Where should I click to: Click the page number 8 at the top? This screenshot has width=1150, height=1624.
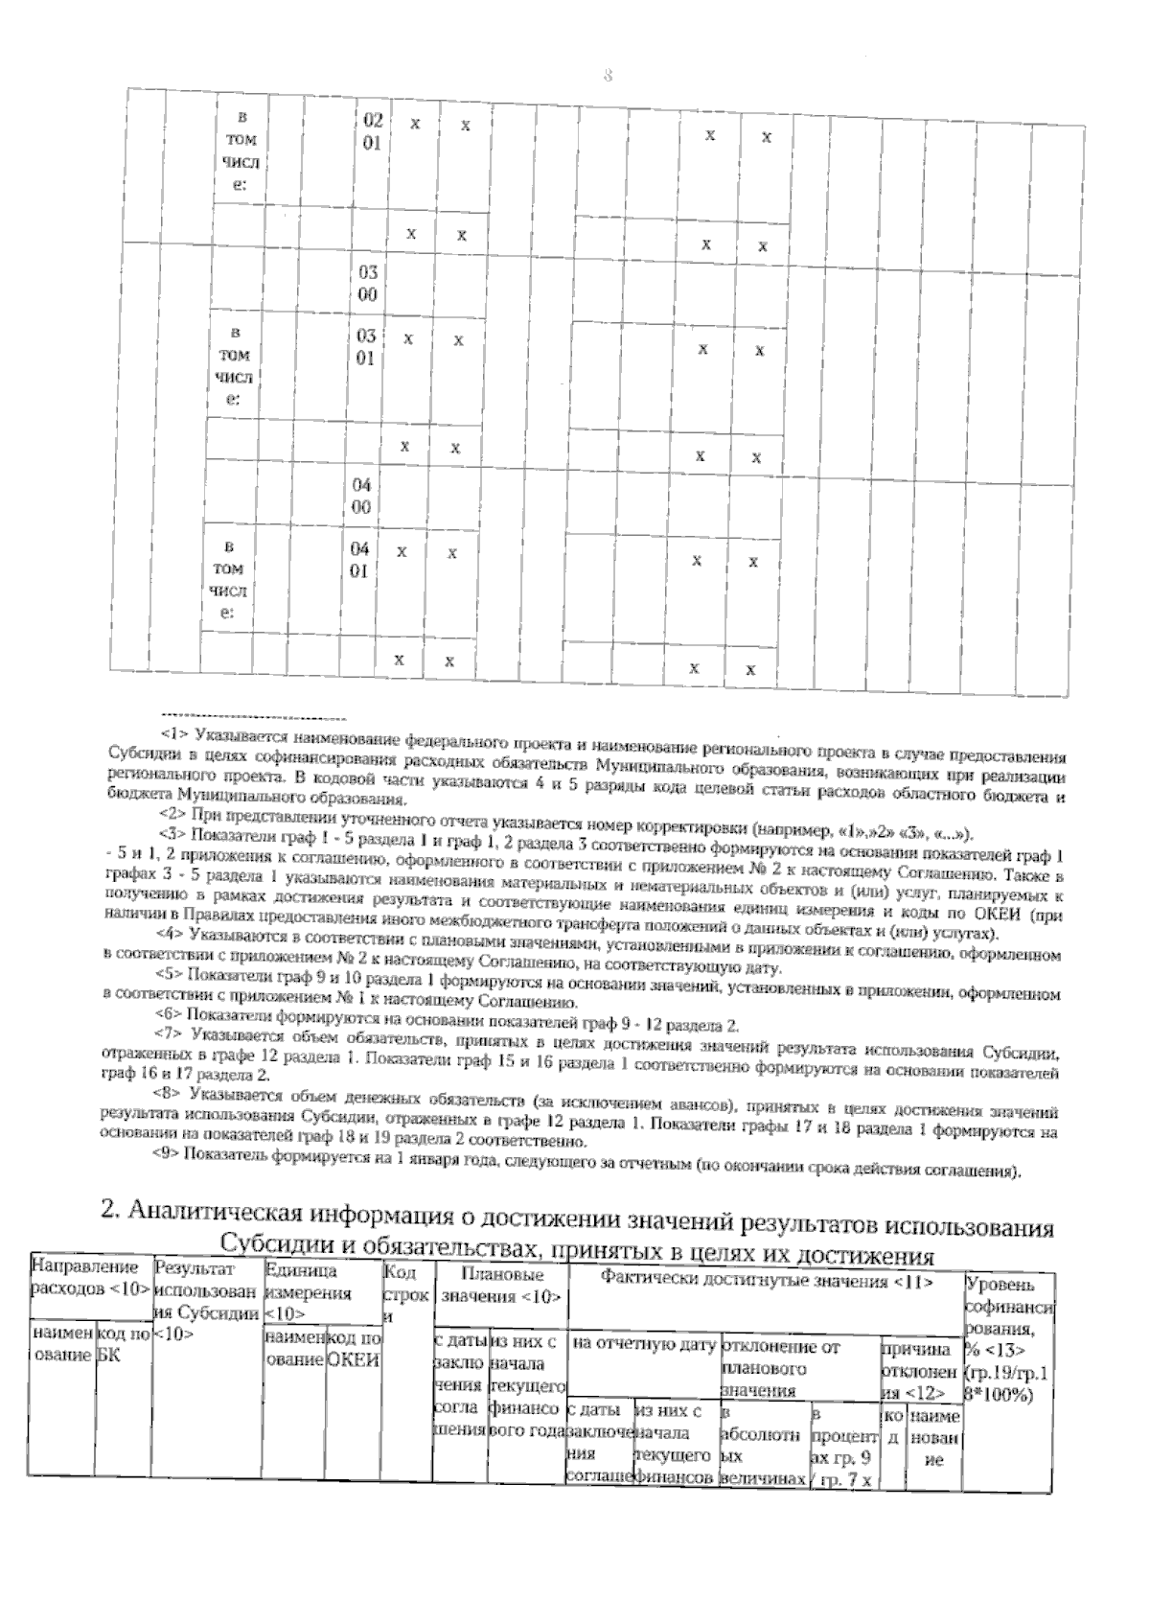point(608,76)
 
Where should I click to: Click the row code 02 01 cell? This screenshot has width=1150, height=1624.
point(373,132)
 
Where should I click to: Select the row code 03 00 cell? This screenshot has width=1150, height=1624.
point(367,284)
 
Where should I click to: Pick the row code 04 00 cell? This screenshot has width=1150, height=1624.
point(360,497)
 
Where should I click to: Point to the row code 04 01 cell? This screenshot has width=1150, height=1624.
point(359,560)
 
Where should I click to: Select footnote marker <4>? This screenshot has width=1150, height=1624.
point(169,932)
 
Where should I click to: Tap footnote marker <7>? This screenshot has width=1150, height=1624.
point(168,1034)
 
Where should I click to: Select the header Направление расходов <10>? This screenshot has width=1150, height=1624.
point(90,1280)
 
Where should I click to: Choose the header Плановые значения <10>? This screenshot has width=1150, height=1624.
point(501,1286)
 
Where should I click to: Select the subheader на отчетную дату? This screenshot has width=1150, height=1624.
point(643,1345)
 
